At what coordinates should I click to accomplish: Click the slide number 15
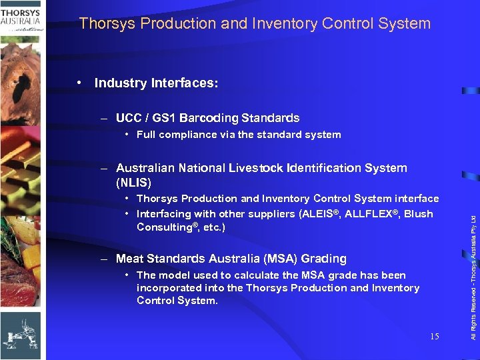(435, 337)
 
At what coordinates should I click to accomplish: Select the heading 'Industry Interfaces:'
(156, 83)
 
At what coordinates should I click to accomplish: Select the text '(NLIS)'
(133, 182)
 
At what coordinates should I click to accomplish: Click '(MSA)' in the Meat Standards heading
(283, 259)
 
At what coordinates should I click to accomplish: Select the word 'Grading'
(326, 259)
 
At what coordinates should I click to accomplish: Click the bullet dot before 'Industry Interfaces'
(79, 83)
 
